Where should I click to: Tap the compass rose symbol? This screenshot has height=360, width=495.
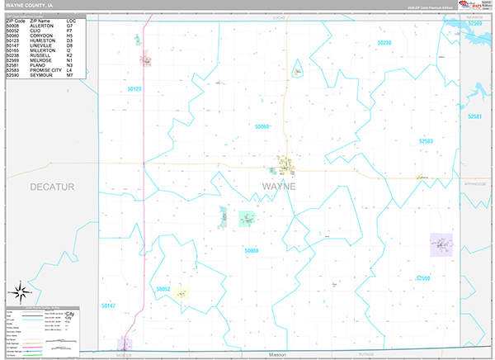pos(21,292)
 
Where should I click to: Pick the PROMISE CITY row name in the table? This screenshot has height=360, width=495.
pos(47,70)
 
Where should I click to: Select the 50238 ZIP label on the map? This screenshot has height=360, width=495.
pos(384,42)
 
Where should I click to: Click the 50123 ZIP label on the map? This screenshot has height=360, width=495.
pos(134,88)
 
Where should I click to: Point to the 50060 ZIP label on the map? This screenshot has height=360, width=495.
pos(262,126)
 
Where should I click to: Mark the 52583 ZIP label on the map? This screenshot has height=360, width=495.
pos(426,141)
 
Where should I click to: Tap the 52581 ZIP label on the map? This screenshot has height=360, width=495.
pos(474,117)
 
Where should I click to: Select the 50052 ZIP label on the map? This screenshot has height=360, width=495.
pos(163,289)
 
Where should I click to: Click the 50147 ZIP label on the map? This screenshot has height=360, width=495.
pos(109,306)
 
